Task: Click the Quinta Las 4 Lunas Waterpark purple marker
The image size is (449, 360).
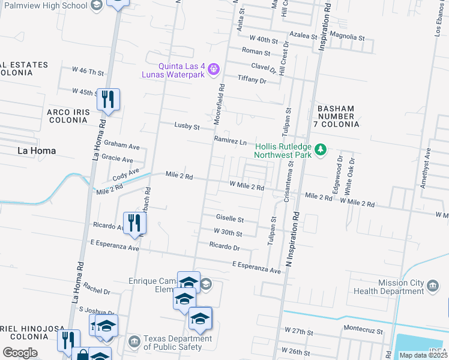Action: (x=213, y=71)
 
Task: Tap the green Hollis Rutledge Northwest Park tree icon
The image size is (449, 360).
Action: (x=321, y=149)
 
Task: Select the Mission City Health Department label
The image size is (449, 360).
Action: (x=401, y=287)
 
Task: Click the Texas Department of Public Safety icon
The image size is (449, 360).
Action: (x=134, y=342)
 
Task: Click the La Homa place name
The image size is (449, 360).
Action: (x=37, y=151)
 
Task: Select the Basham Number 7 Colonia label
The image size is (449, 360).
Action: (x=336, y=116)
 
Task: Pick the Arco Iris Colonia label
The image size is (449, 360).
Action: (x=68, y=116)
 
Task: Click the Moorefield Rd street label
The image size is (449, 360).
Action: (x=221, y=103)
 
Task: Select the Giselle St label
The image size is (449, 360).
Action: (x=229, y=219)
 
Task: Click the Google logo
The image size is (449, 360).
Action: (x=20, y=353)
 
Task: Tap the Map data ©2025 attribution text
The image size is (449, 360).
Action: (x=423, y=355)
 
